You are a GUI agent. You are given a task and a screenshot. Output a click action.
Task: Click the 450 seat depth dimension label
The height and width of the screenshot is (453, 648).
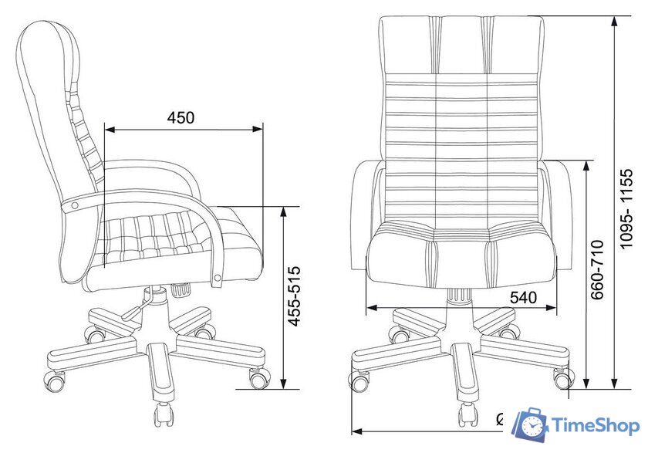181,118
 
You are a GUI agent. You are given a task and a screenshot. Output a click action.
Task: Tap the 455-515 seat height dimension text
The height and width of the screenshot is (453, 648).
294,296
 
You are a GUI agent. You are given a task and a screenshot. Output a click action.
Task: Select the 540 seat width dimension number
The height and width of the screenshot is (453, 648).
523,298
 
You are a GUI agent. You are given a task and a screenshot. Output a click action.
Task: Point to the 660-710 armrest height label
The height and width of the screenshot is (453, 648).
597,269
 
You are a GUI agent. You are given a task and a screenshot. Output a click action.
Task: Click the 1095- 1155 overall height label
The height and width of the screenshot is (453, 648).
626,208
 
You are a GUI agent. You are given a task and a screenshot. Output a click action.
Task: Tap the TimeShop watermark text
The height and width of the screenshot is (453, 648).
595,426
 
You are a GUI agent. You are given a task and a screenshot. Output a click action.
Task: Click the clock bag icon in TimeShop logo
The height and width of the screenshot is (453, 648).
531,424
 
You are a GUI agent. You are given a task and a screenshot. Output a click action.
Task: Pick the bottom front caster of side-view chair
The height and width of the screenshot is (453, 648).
164,414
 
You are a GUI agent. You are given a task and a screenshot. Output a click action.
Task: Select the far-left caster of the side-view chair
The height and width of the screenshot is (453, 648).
55,380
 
